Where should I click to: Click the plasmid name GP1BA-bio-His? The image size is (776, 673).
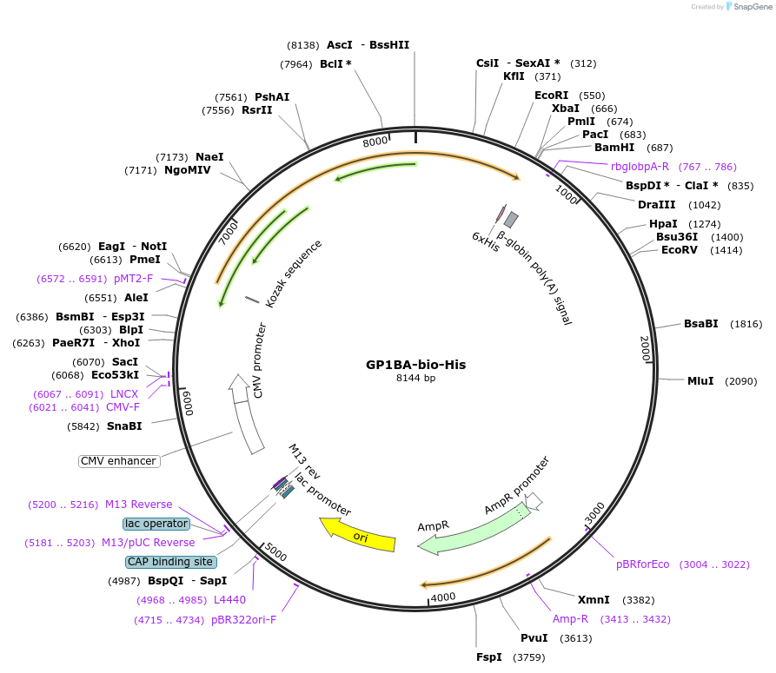click(415, 365)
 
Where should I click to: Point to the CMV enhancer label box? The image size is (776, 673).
click(119, 461)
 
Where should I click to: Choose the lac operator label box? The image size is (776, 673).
click(156, 524)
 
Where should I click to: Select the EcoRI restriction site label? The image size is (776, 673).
click(551, 96)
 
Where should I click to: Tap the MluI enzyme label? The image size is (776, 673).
click(700, 381)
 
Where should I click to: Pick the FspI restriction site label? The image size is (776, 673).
click(488, 657)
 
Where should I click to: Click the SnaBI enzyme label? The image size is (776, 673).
click(124, 426)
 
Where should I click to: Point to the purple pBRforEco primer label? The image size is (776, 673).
click(642, 564)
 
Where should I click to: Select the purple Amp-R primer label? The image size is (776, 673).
click(570, 619)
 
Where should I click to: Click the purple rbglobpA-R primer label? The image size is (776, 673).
click(640, 167)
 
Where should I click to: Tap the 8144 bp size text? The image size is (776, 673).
click(415, 379)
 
